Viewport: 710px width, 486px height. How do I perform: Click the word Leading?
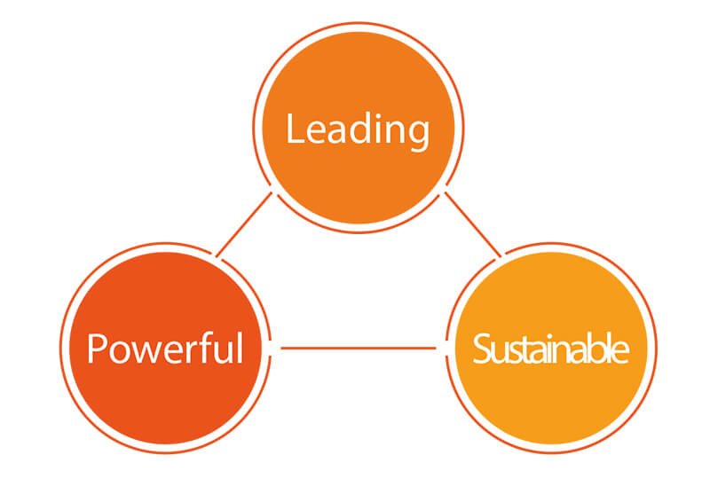(358, 130)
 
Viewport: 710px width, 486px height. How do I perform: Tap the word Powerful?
(165, 348)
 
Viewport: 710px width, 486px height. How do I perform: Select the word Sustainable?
(550, 348)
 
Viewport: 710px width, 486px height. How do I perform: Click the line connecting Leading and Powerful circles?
(245, 224)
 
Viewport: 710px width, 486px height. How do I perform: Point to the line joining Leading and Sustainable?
(473, 224)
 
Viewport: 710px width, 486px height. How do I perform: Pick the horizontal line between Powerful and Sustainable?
(359, 348)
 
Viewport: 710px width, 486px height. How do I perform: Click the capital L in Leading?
(296, 129)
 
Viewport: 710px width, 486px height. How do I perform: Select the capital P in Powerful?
(96, 349)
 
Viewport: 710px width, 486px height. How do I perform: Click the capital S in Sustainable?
(481, 349)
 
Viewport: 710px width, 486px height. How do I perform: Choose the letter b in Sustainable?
(600, 348)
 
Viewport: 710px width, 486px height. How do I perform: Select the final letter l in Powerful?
(241, 348)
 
